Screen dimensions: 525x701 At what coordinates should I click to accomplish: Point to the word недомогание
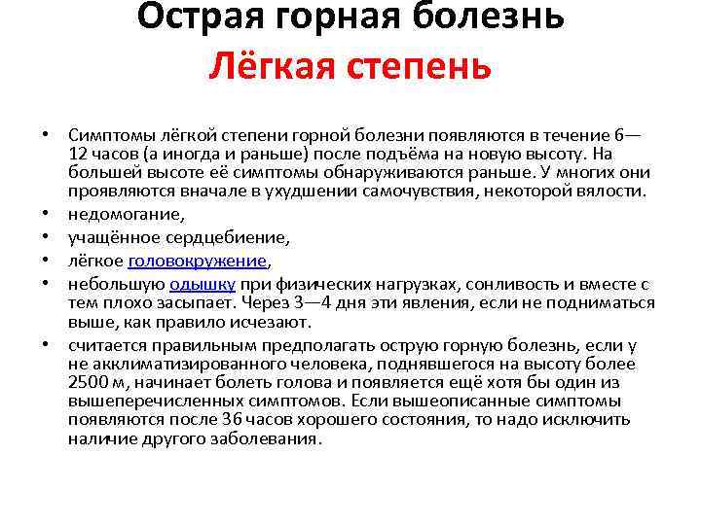point(127,214)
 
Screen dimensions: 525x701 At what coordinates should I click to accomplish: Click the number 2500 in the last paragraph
point(88,383)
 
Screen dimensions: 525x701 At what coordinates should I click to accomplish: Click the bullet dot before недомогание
point(47,215)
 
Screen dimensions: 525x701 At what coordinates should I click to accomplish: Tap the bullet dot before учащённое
point(47,238)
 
